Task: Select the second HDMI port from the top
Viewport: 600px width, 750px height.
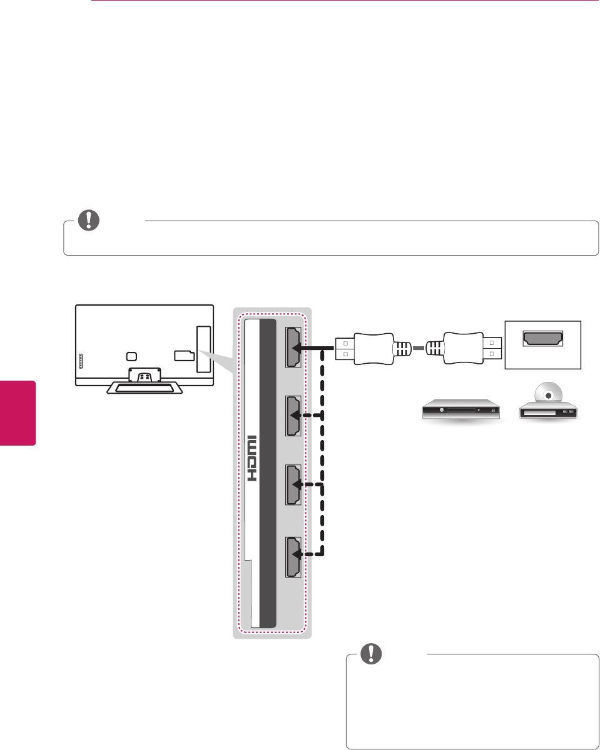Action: [x=293, y=415]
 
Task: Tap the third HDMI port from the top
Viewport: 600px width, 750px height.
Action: [x=293, y=484]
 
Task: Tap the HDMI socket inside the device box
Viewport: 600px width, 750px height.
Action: [x=543, y=339]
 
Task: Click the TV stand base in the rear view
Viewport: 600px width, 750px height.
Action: [x=145, y=387]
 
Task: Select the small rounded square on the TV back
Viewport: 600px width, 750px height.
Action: [x=130, y=356]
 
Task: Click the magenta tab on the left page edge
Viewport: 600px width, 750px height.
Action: [x=18, y=412]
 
